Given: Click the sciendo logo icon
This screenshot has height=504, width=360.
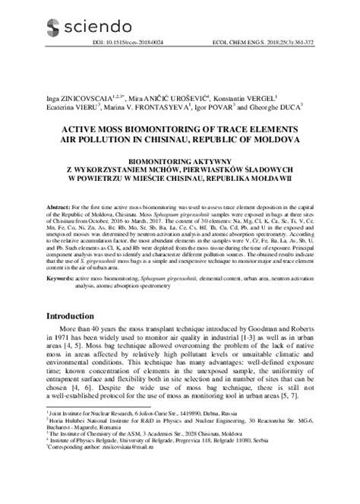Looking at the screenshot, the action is coord(52,28).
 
